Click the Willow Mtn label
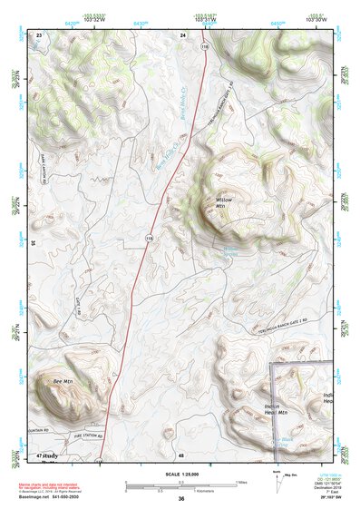pos(224,202)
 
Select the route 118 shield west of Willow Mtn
pos(148,237)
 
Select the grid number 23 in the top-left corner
pos(39,34)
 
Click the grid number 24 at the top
pos(182,34)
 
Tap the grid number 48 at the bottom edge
pos(181,455)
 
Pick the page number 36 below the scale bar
pos(181,499)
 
